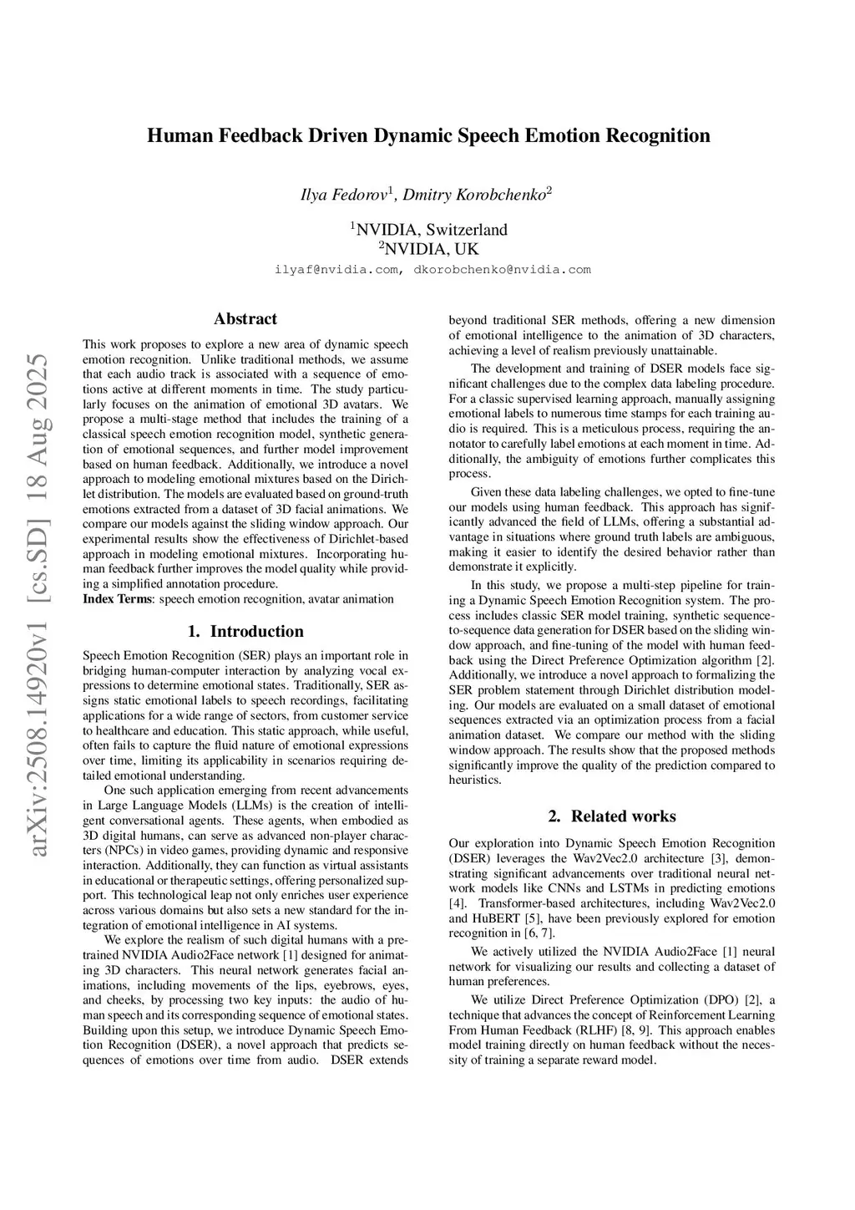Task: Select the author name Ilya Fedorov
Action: (x=344, y=196)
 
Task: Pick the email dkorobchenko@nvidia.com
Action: (x=502, y=270)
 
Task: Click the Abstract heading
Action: (x=245, y=319)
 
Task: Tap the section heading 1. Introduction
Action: (x=245, y=632)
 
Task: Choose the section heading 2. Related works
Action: (x=612, y=816)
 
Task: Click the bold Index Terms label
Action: (x=118, y=599)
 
